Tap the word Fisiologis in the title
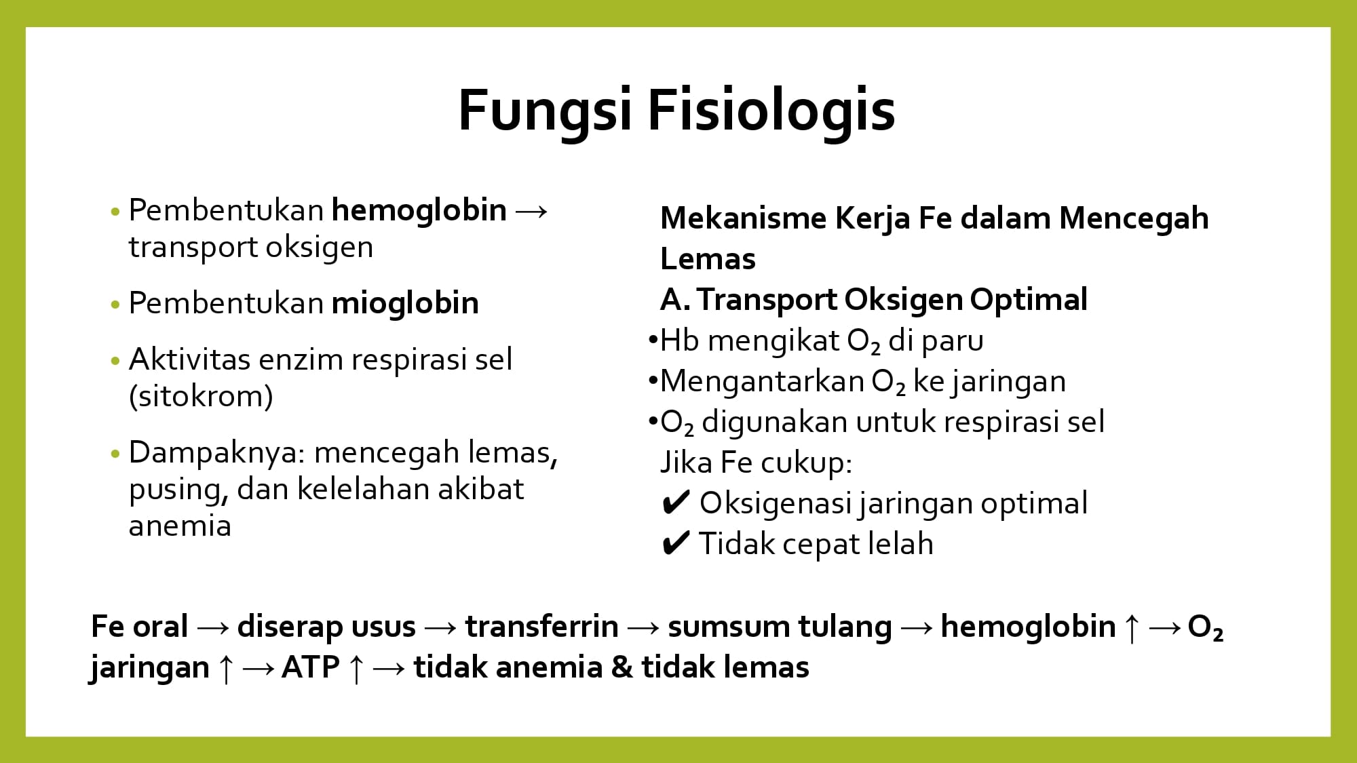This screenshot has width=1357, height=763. [x=772, y=110]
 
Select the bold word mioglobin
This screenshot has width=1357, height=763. [x=405, y=302]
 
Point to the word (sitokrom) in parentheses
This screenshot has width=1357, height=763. [x=201, y=396]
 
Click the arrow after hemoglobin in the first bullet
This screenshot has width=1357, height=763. [x=531, y=211]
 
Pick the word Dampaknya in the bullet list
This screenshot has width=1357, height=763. [x=213, y=453]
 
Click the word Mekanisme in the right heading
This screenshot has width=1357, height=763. [x=742, y=218]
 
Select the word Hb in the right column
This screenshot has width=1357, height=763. [x=680, y=340]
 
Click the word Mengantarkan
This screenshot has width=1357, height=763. [x=762, y=382]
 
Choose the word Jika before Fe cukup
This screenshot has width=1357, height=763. [x=686, y=463]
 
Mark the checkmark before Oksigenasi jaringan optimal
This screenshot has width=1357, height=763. [x=676, y=503]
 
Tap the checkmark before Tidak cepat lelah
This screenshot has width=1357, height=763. [x=676, y=544]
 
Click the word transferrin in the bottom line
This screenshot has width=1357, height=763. [x=541, y=626]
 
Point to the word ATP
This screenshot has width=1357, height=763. [x=311, y=667]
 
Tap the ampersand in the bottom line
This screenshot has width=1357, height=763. [x=622, y=667]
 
